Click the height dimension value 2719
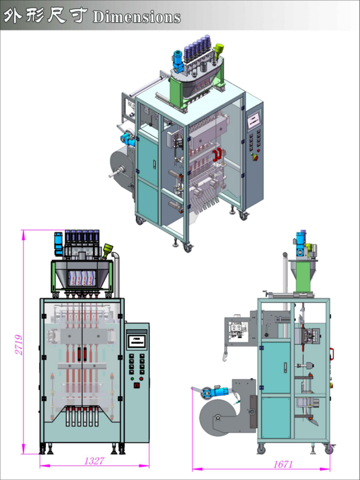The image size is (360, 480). coord(20,345)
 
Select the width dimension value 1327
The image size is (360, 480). coord(94,461)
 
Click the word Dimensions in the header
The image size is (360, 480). coord(136,17)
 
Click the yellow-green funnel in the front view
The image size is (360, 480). coord(107,251)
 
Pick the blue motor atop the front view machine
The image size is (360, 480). coord(58,244)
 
